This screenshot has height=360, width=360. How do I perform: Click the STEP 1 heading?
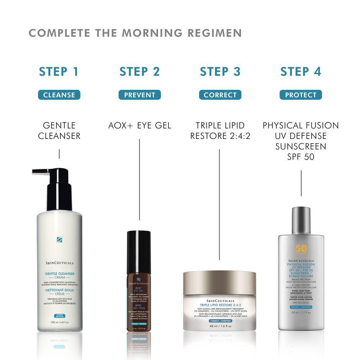tap(59, 72)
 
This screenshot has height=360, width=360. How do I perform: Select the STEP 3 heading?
tap(220, 72)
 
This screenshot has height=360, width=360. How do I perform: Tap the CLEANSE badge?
tap(59, 95)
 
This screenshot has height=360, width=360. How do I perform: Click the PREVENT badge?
tap(139, 95)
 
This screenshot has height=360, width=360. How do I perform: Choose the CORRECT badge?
tap(220, 95)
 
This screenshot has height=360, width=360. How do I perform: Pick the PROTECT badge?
tap(300, 95)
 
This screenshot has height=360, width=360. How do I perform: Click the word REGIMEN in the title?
tap(209, 33)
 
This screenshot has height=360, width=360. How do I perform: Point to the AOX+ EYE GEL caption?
tap(139, 125)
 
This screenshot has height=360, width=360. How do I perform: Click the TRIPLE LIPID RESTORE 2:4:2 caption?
tap(220, 130)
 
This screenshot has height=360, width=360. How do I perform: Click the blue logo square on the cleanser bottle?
tap(59, 240)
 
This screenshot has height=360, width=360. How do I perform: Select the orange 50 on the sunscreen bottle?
tap(301, 249)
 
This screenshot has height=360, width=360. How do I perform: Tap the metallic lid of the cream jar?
tap(219, 283)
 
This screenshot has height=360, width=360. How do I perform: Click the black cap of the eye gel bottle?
tap(139, 248)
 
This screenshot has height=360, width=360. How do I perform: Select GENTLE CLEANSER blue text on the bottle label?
tap(59, 274)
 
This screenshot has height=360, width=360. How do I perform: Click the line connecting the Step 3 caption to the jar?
tap(219, 201)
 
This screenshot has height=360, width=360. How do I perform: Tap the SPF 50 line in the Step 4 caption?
tap(300, 157)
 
